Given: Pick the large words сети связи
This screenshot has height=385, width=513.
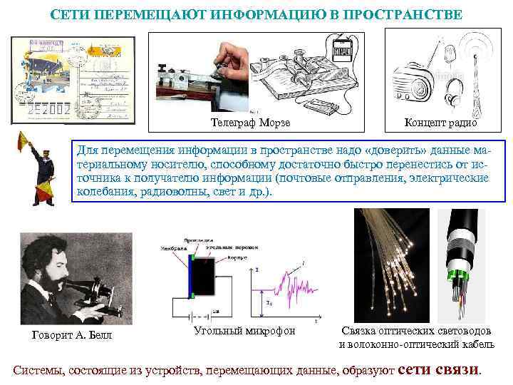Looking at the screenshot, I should pos(440,369).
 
